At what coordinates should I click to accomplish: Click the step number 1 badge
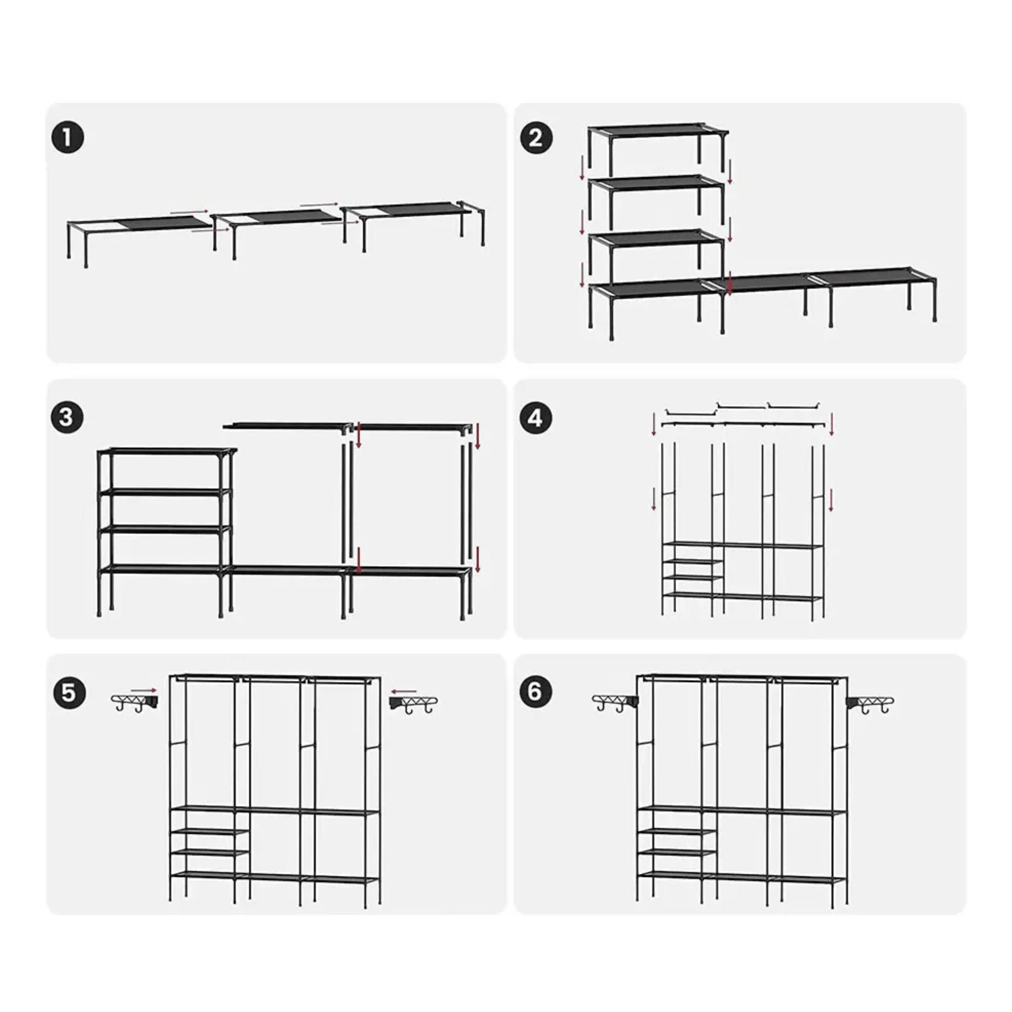point(68,138)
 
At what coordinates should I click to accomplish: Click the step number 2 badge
point(536,138)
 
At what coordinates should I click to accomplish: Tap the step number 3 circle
point(67,417)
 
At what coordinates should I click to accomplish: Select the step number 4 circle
point(535,418)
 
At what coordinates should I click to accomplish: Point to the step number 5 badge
point(69,693)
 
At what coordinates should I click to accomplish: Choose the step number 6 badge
point(535,691)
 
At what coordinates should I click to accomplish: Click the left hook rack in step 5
point(135,703)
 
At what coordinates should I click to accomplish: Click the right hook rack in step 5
point(413,704)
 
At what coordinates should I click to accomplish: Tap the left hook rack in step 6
point(615,703)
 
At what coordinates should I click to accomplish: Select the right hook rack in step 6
point(870,704)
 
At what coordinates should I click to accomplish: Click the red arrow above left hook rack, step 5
point(144,691)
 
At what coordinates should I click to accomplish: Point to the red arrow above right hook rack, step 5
point(403,692)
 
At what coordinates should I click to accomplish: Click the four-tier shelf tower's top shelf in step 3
point(166,451)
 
